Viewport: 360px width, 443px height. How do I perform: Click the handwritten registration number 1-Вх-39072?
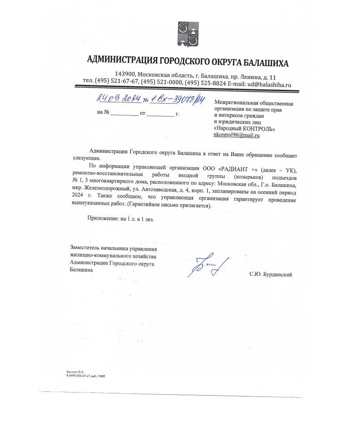tap(174, 99)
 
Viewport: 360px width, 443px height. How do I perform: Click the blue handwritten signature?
tap(208, 266)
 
